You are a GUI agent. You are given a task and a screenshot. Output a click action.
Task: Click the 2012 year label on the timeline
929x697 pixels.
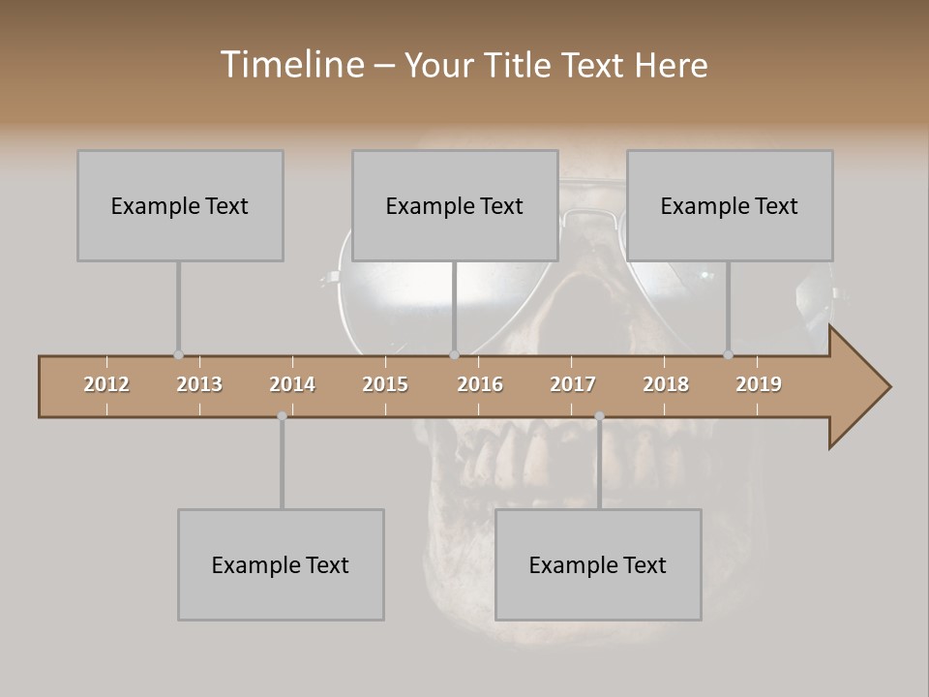pos(106,384)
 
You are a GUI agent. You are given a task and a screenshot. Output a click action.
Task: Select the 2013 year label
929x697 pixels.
pos(199,384)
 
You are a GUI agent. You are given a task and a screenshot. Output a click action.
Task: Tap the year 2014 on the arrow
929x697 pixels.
pos(292,384)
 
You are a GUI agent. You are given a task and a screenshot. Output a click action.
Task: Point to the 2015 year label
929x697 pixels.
pos(385,384)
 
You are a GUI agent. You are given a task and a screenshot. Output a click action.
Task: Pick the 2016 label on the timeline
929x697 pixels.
pos(480,384)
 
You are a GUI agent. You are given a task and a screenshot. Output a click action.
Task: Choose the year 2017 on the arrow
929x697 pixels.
pos(573,384)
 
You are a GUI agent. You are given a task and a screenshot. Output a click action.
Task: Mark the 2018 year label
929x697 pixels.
pos(666,384)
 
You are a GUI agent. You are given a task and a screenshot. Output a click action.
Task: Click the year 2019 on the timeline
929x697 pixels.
pos(759,384)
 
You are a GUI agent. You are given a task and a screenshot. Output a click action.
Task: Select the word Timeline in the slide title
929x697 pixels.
pos(290,65)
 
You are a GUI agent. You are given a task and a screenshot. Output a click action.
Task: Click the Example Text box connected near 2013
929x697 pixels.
pos(180,205)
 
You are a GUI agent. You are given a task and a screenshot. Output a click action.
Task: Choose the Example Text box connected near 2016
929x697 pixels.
pos(455,205)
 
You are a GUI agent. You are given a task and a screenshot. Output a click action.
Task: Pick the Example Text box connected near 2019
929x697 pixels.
pos(730,205)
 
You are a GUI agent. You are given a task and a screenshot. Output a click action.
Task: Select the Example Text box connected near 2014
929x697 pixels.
pos(281,564)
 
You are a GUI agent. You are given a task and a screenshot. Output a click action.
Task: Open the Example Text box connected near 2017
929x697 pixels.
pos(598,564)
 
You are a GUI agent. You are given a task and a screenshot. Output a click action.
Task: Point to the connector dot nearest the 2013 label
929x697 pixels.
pos(178,355)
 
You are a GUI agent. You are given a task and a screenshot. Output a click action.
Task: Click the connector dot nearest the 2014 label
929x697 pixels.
pos(282,416)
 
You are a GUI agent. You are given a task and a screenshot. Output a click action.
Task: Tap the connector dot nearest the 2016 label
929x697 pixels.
pos(454,355)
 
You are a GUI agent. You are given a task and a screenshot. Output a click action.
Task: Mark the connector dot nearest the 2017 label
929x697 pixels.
pos(599,416)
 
